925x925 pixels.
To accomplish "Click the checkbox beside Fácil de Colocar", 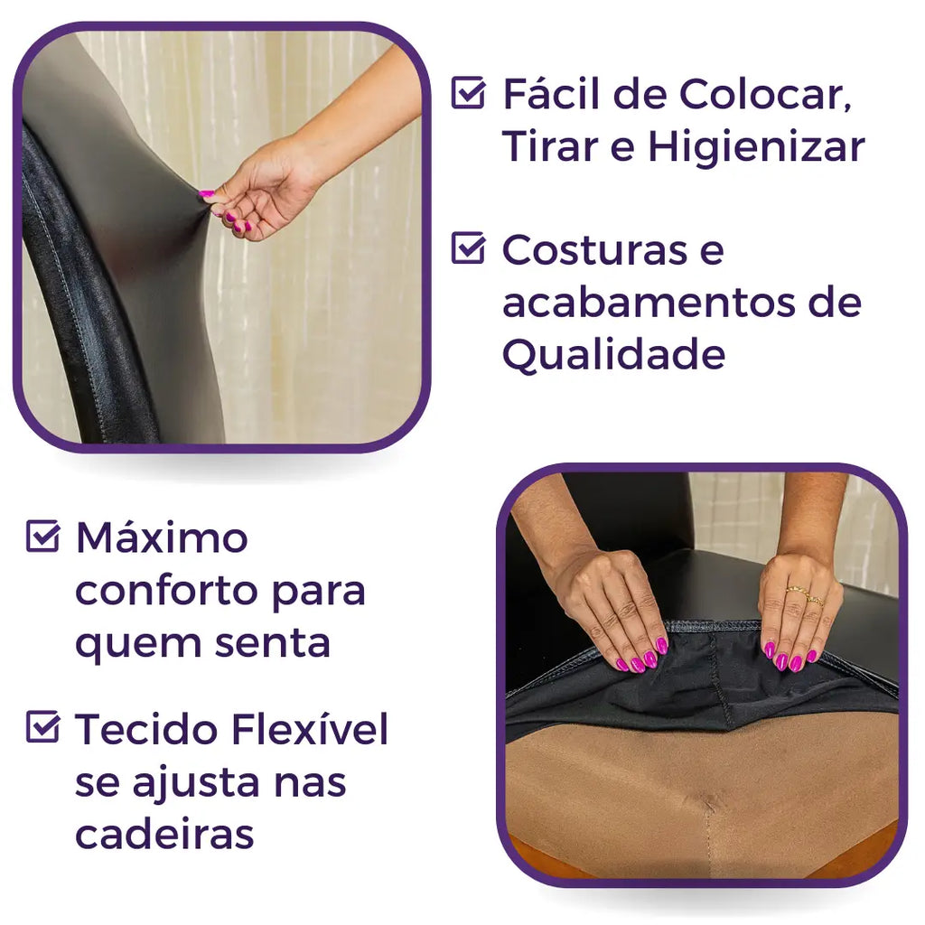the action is [x=469, y=93].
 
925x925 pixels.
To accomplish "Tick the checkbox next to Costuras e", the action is [x=469, y=248].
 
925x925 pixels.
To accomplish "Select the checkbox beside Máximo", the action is [x=43, y=537].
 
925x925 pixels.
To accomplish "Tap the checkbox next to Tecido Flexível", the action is [x=43, y=727].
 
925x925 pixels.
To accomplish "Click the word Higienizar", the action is [x=757, y=147].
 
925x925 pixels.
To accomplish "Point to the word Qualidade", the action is [x=613, y=354].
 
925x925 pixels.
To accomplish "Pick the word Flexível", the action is [x=310, y=729].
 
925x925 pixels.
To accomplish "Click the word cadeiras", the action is [x=164, y=834].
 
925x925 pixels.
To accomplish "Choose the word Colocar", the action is [x=766, y=94].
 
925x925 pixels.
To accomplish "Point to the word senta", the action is [x=272, y=643].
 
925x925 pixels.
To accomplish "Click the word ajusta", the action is [x=196, y=784].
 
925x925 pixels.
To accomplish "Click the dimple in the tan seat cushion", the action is [x=710, y=802].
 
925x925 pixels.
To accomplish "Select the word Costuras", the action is [x=594, y=250].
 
